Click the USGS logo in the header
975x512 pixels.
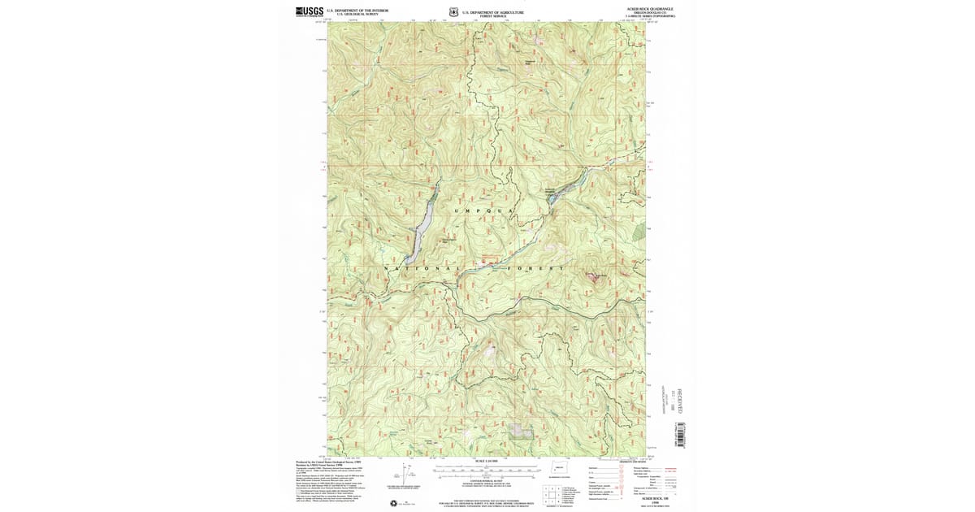[x=310, y=11]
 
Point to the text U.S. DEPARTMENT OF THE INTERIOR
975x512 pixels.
[x=357, y=11]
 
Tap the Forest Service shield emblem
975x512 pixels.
[x=453, y=12]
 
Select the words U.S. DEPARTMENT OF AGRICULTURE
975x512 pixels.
[x=493, y=12]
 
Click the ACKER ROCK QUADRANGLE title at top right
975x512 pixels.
[x=649, y=9]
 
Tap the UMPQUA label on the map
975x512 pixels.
[x=486, y=210]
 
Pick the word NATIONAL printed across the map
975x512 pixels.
[x=422, y=268]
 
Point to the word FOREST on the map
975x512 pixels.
[x=535, y=268]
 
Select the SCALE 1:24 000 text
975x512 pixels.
[x=486, y=462]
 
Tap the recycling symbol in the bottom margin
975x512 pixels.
[x=394, y=503]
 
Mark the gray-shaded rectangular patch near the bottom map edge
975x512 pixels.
[x=521, y=430]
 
